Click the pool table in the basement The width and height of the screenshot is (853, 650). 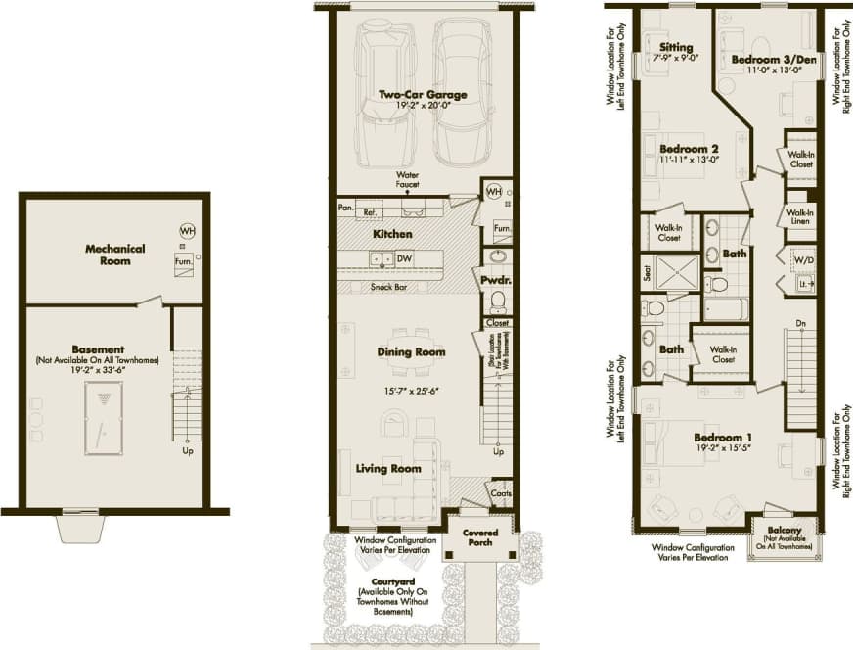coord(101,419)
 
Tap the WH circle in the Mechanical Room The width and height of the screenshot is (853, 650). coord(187,230)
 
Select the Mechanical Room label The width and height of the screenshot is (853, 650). coord(114,255)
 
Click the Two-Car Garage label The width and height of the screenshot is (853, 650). coord(423,95)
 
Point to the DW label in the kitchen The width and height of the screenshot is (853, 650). coord(403,257)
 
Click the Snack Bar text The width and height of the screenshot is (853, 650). coord(390,287)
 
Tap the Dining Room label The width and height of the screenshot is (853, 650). coord(411,351)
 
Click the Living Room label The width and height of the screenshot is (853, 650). coord(388,469)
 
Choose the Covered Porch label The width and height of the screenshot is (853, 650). coord(480,537)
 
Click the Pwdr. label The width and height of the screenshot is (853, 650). coord(496,279)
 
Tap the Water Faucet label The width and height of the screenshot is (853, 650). coord(407,180)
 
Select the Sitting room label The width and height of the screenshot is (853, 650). coord(676,47)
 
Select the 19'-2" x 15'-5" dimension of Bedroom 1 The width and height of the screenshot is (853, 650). coord(730,449)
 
